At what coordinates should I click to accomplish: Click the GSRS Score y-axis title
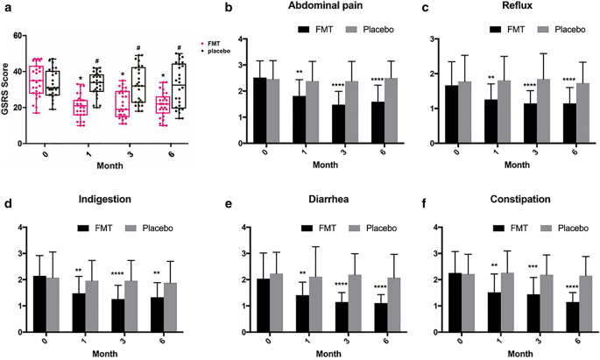pos(7,86)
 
